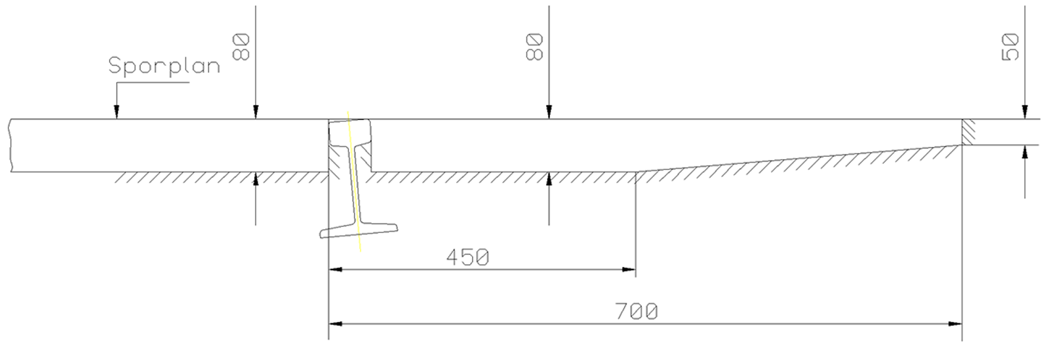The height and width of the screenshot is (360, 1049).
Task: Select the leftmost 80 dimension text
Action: (242, 48)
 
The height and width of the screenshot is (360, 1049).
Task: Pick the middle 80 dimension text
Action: (535, 48)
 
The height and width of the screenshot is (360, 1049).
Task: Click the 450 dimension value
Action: (467, 257)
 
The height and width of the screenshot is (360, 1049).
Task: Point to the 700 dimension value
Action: (637, 311)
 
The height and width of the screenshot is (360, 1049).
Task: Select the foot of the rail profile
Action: (359, 230)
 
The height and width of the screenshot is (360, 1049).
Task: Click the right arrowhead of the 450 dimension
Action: (629, 269)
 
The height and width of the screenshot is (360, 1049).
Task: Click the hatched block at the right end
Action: (969, 132)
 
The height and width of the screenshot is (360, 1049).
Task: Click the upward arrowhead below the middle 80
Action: (549, 179)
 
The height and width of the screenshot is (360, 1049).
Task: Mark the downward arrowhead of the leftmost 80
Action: (256, 113)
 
